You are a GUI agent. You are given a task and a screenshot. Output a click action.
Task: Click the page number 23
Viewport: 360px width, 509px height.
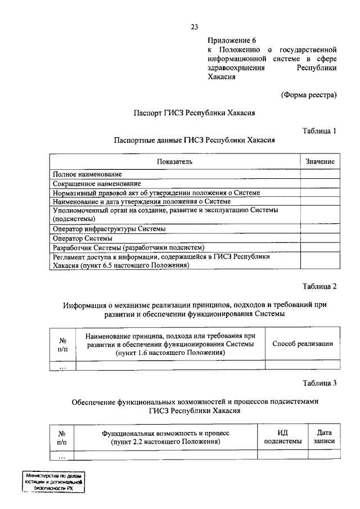tap(195, 26)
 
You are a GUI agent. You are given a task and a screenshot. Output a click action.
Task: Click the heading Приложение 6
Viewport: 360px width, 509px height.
tap(232, 40)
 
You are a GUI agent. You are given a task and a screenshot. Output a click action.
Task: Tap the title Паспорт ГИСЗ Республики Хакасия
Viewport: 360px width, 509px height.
tap(194, 112)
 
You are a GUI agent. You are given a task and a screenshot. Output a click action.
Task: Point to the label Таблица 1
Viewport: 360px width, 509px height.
tap(319, 131)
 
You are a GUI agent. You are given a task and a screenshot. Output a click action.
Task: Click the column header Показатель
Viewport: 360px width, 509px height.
tap(175, 161)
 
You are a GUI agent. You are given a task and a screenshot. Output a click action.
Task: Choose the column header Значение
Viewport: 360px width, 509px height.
tap(320, 161)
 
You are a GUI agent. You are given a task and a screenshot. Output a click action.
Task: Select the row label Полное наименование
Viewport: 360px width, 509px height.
tap(87, 175)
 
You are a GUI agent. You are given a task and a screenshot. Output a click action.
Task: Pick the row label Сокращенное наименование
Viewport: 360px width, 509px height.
tap(97, 184)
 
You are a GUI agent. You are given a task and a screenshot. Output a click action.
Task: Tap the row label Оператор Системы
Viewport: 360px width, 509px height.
tap(82, 238)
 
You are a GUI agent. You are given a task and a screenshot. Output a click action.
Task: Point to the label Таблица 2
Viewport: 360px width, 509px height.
tap(319, 286)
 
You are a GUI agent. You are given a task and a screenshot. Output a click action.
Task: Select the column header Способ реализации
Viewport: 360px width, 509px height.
tap(303, 344)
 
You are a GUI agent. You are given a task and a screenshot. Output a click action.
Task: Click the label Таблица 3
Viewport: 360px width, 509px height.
tap(319, 384)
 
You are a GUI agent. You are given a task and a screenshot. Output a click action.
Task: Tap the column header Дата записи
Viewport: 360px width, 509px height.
tap(324, 437)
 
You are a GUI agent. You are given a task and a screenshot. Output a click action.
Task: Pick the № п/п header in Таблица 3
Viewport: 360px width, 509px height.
tap(62, 437)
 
